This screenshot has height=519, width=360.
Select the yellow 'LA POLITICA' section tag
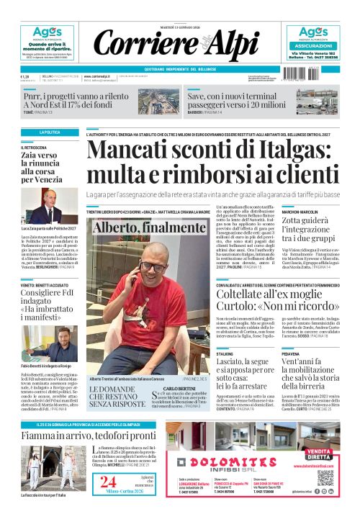click(50, 132)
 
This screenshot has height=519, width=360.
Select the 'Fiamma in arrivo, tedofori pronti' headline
click(88, 436)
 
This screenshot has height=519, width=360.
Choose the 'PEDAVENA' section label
click(291, 355)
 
